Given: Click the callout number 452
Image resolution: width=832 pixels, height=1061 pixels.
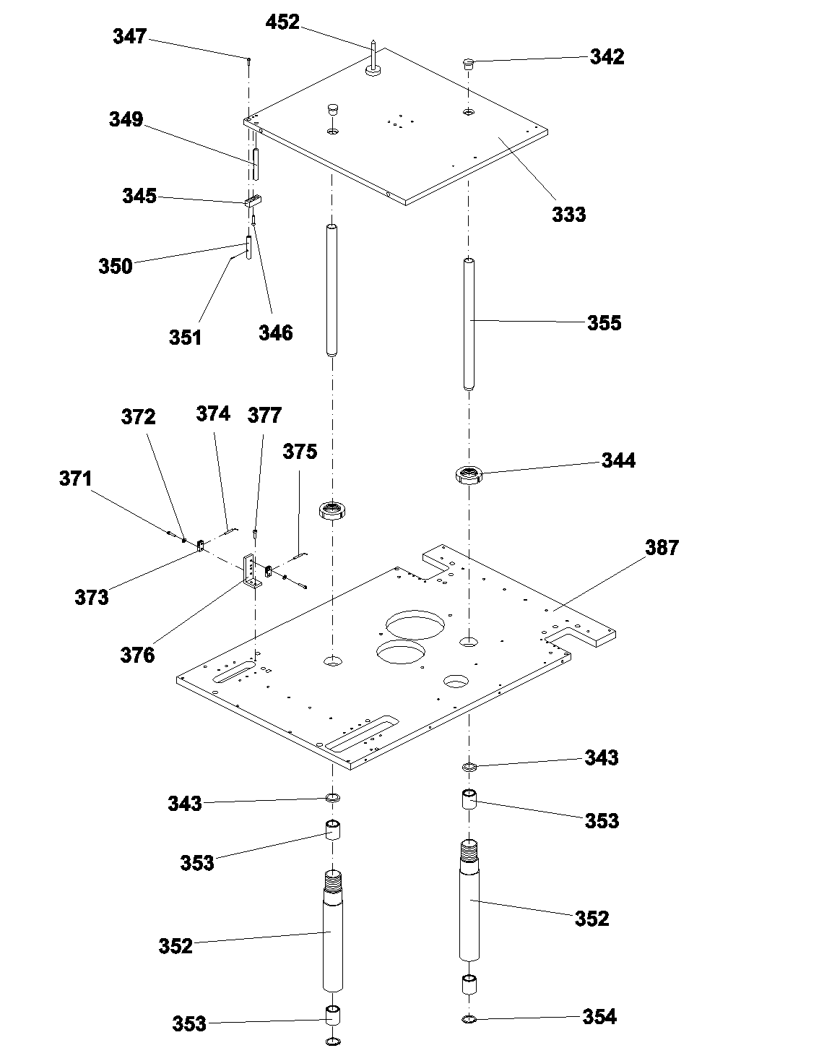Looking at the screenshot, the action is click(x=282, y=22).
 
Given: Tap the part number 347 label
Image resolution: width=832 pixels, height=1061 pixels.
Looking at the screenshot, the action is click(x=130, y=37).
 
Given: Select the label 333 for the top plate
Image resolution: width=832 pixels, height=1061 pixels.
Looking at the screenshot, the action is click(x=568, y=215).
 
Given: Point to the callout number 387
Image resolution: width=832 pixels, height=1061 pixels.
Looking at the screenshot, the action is click(x=662, y=548).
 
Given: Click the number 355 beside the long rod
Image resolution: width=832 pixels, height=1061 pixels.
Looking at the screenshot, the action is click(x=604, y=323).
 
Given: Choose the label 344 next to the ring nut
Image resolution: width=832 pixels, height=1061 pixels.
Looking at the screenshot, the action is click(x=618, y=460).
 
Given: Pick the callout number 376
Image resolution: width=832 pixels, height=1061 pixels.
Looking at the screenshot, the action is click(x=137, y=656).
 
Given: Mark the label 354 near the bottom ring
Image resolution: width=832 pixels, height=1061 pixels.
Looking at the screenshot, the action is click(x=599, y=1017).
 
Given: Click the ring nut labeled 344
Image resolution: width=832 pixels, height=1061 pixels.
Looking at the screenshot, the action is click(x=469, y=475).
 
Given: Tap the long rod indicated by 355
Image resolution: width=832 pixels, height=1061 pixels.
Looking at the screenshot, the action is click(x=469, y=325).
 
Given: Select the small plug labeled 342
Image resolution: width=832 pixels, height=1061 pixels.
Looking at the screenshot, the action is click(x=468, y=64).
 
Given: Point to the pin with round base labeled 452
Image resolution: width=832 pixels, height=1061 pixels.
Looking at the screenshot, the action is click(x=373, y=59).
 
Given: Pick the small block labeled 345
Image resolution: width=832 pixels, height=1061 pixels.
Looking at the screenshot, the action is click(x=253, y=201).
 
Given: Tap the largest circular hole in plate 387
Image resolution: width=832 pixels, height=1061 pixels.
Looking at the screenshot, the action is click(x=415, y=624).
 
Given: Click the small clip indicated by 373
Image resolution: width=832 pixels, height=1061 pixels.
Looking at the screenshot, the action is click(x=201, y=546).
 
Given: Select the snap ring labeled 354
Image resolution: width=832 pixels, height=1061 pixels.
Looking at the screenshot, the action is click(x=469, y=1019).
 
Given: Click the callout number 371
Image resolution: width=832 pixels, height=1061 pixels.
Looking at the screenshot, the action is click(x=76, y=479).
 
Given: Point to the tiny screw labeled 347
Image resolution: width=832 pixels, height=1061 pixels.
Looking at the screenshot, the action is click(x=248, y=61).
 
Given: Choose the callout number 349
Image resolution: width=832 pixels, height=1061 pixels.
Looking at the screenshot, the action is click(x=126, y=120).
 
